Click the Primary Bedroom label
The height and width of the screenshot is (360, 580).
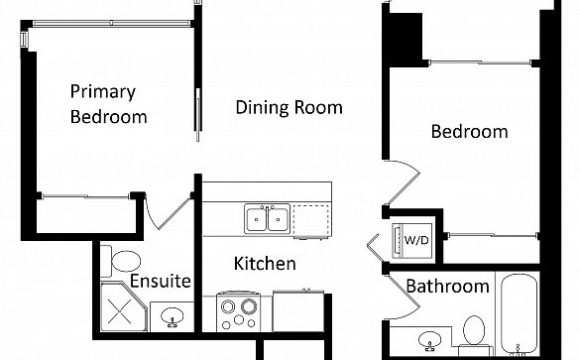(x=108, y=104)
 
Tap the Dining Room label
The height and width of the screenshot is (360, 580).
(x=289, y=107)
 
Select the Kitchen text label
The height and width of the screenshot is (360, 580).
(x=265, y=264)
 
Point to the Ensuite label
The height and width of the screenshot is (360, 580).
(x=161, y=281)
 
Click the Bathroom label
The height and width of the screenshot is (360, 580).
(x=447, y=286)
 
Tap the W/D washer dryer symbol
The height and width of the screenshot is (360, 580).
(x=412, y=240)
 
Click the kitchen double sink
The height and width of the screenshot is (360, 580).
(x=267, y=219)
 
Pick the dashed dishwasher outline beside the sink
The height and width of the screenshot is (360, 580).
(x=311, y=220)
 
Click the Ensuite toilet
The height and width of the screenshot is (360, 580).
(x=121, y=261)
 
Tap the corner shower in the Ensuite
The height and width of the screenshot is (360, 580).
(x=123, y=306)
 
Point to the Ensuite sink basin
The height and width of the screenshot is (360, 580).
(x=172, y=316)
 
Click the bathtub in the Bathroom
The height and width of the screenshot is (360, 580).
(x=519, y=315)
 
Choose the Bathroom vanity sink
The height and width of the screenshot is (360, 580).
(x=429, y=340)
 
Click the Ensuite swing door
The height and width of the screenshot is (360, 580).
(x=166, y=213)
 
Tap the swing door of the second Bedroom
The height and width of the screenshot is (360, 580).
(x=403, y=182)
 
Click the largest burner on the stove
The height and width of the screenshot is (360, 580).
(x=249, y=306)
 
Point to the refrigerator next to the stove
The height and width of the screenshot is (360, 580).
(x=298, y=311)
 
